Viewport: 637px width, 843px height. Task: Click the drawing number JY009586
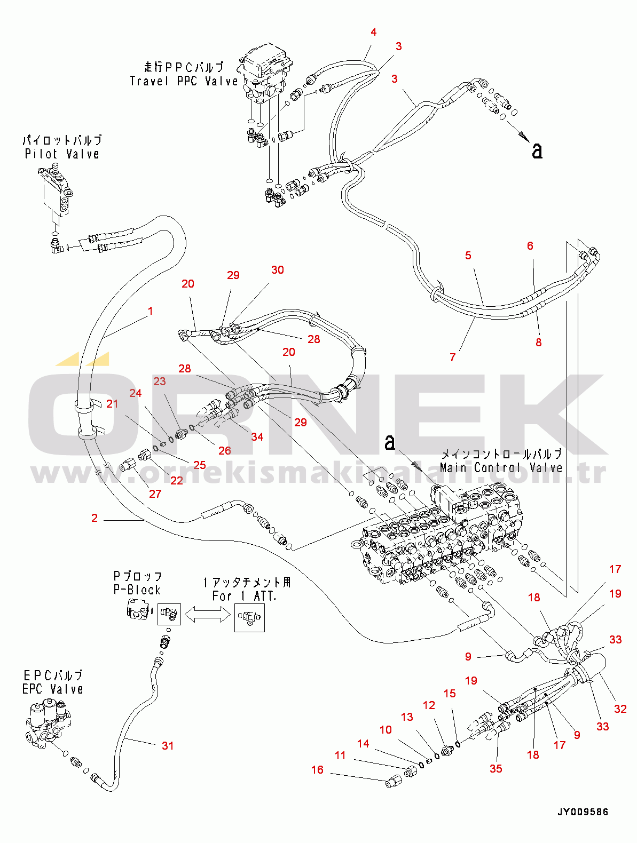coord(582,812)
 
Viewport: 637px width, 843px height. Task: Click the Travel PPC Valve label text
coord(183,81)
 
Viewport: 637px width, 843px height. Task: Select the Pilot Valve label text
coord(62,154)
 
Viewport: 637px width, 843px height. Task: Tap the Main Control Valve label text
coord(501,468)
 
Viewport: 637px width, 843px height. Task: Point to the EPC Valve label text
coord(52,689)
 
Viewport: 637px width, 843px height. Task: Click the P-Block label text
coord(137,590)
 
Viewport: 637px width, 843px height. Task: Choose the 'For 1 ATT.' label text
coord(244,596)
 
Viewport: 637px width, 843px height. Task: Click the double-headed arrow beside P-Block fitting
coord(207,615)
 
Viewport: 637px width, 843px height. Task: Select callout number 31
coord(168,745)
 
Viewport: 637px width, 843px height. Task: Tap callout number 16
coord(317,769)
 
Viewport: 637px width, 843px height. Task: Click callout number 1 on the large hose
coord(151,311)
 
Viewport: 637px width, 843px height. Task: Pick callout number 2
coord(95,518)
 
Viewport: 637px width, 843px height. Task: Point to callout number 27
coord(155,494)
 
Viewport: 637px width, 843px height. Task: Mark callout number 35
coord(496,768)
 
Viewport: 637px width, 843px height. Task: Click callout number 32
coord(620,709)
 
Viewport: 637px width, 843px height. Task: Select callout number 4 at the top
coord(374,32)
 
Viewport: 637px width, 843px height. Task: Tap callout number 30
coord(278,270)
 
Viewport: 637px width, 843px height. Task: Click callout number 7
coord(453,357)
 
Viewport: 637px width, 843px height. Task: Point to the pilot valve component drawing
coord(56,193)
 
